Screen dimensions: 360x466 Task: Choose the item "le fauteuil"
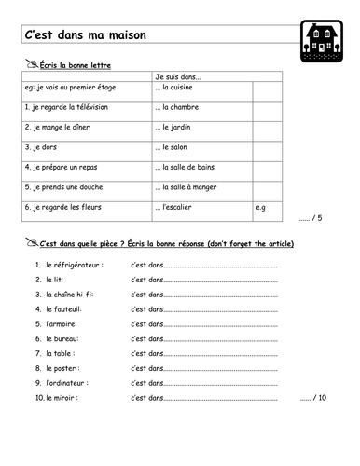(66, 309)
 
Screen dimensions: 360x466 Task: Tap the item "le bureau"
(65, 337)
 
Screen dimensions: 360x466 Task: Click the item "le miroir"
(65, 397)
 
